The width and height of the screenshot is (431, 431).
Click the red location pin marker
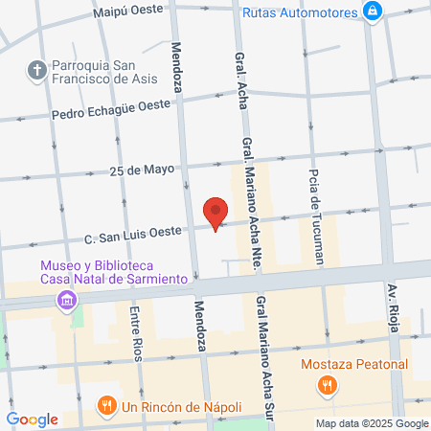(216, 212)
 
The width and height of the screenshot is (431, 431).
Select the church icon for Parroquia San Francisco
(37, 69)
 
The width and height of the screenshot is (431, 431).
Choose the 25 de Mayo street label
(143, 170)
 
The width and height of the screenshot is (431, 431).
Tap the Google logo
(33, 419)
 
